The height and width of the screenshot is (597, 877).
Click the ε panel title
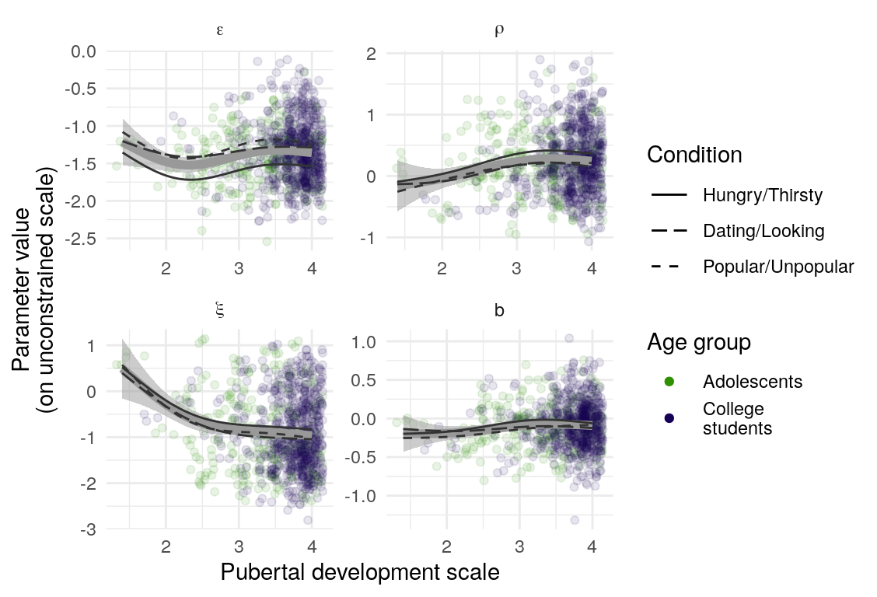click(x=221, y=32)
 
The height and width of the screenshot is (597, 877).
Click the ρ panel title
click(x=499, y=31)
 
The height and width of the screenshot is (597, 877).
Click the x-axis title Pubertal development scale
click(x=359, y=573)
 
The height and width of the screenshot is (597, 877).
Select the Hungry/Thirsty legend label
click(x=762, y=195)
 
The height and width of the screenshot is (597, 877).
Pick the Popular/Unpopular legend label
click(x=778, y=267)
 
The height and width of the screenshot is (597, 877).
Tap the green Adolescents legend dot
click(x=669, y=382)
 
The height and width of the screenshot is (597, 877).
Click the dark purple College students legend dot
click(x=669, y=418)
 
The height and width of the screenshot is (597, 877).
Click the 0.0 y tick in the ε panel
click(x=82, y=51)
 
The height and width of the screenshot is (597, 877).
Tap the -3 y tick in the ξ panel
click(x=86, y=529)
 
